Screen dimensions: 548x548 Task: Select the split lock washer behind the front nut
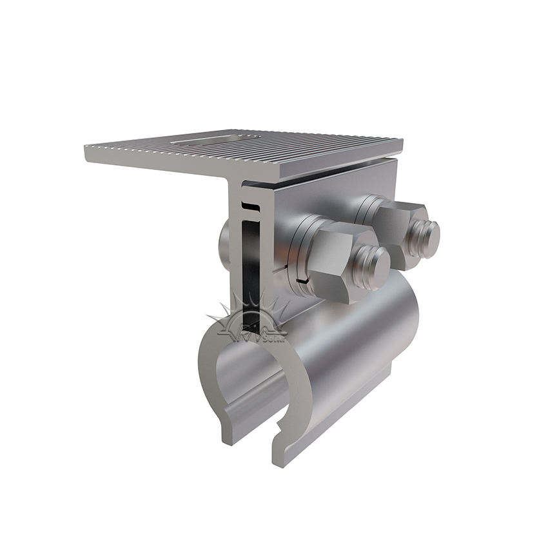[301, 253]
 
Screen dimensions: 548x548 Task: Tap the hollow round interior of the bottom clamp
[248, 380]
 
